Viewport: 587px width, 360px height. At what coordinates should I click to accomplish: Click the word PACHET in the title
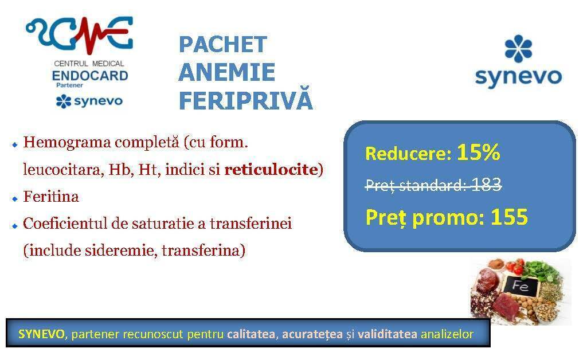click(x=223, y=45)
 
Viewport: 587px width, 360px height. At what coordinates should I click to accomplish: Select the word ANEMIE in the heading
click(x=227, y=72)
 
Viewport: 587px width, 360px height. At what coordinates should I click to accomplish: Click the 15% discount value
click(x=479, y=152)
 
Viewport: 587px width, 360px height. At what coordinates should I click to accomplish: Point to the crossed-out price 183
click(x=486, y=184)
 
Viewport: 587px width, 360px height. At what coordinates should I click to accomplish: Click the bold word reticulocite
click(x=271, y=170)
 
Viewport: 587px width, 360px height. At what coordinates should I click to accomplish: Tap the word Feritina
click(x=51, y=197)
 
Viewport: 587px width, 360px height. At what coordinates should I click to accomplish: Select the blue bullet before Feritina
click(x=15, y=199)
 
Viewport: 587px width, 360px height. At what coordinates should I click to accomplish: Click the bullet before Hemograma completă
click(x=15, y=144)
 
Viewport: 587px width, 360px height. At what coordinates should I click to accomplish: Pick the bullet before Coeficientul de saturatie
click(x=15, y=226)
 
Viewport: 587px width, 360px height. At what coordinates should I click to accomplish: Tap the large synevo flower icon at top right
click(x=518, y=49)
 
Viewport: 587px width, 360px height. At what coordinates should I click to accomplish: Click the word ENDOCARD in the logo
click(x=90, y=76)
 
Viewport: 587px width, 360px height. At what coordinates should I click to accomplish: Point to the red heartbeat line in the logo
click(x=88, y=36)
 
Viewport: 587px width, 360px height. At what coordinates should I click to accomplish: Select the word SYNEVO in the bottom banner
click(x=41, y=334)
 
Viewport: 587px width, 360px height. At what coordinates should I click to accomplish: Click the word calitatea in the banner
click(x=251, y=334)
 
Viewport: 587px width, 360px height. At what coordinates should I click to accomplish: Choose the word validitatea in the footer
click(x=387, y=334)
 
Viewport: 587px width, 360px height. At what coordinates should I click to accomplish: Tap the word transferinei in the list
click(x=251, y=224)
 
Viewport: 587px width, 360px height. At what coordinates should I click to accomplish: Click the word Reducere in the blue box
click(x=408, y=154)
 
